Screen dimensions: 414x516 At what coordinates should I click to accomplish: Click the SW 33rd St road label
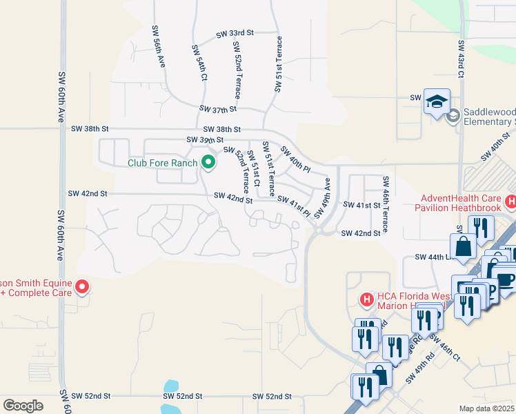pyautogui.click(x=235, y=33)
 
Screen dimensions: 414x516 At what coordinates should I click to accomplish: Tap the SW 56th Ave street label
pyautogui.click(x=159, y=46)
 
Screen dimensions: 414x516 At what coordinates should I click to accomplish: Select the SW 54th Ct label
pyautogui.click(x=199, y=64)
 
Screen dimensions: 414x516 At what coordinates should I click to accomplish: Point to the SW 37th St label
pyautogui.click(x=218, y=109)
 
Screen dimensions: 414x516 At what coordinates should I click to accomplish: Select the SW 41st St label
pyautogui.click(x=362, y=206)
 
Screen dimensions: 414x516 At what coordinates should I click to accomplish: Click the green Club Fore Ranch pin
pyautogui.click(x=208, y=164)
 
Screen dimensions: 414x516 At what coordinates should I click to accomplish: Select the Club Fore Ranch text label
pyautogui.click(x=162, y=164)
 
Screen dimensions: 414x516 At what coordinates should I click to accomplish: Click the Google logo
pyautogui.click(x=23, y=406)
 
